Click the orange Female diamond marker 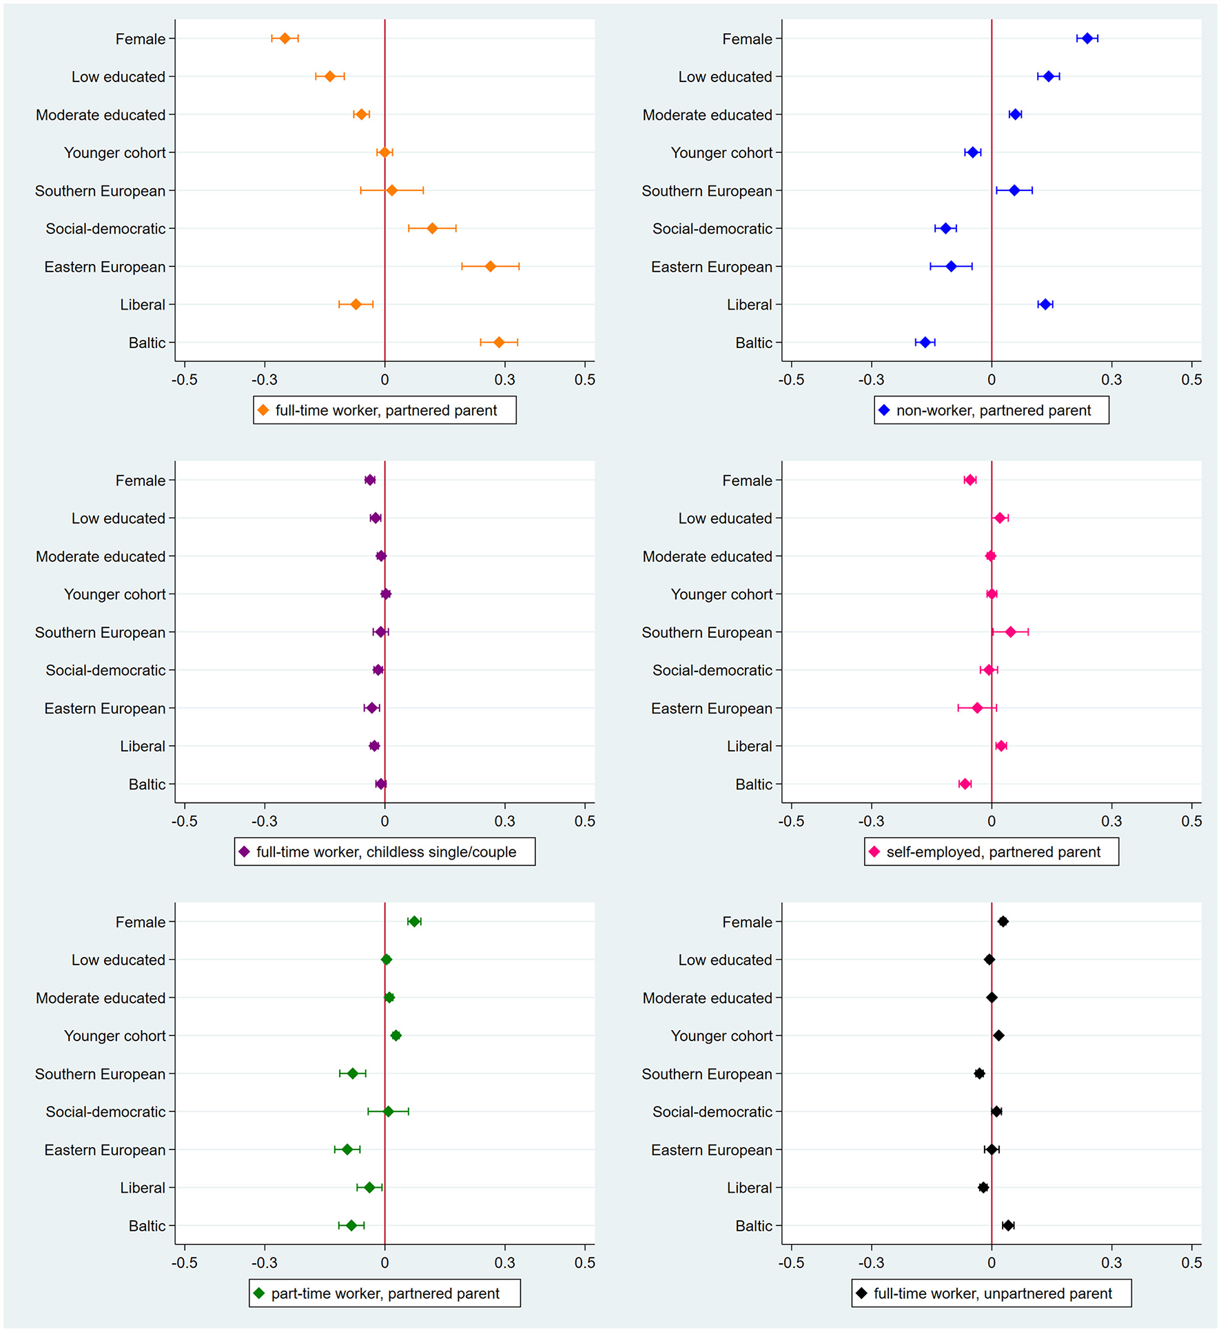285,39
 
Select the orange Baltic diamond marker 499,343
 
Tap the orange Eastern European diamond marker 490,266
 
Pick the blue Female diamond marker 1087,39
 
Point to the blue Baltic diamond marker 925,343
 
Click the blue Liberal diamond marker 1045,304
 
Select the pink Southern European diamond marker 1010,632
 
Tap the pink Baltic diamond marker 965,784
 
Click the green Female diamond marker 414,922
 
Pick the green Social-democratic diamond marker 388,1111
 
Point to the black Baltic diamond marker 1008,1225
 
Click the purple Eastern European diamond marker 371,708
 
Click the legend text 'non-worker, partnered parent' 993,411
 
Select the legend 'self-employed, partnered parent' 993,852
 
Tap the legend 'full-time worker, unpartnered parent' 992,1293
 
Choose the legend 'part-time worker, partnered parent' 385,1293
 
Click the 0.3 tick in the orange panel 504,380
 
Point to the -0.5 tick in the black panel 791,1262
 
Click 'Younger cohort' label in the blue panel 721,153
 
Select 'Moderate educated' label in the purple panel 101,556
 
